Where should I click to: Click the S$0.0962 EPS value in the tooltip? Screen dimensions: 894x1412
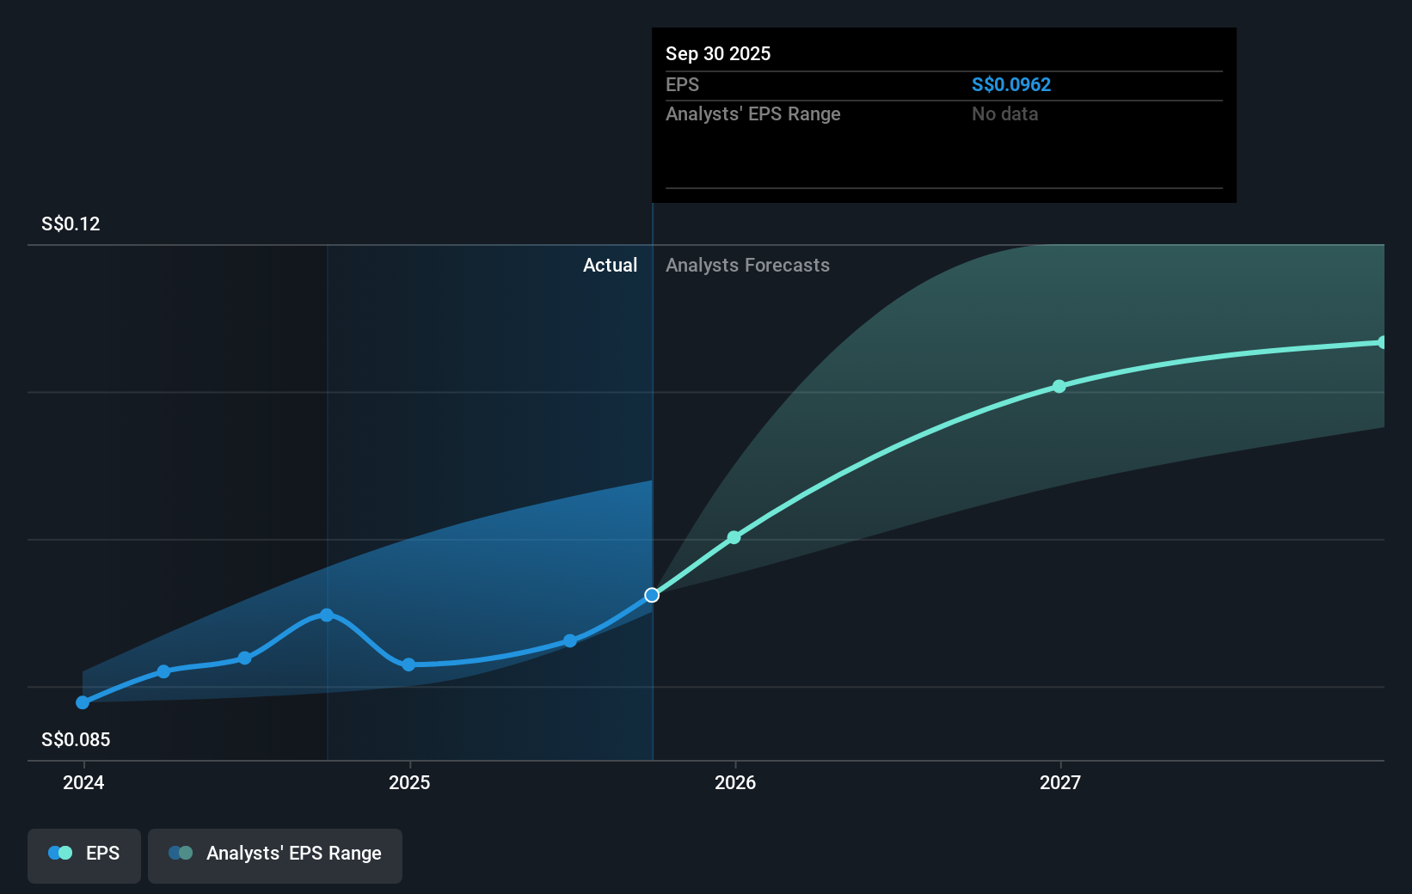(x=1010, y=84)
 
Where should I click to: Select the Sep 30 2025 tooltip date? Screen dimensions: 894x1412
(x=717, y=53)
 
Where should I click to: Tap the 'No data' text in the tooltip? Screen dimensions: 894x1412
(x=1004, y=113)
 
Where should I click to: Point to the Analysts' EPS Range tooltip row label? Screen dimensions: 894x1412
(x=752, y=113)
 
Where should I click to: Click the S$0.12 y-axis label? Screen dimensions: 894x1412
(x=71, y=223)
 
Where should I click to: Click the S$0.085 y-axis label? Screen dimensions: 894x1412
(x=76, y=739)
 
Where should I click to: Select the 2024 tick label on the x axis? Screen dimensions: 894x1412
(x=83, y=782)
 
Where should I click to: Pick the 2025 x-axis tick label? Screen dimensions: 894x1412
(x=409, y=782)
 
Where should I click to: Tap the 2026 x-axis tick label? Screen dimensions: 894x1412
(x=735, y=782)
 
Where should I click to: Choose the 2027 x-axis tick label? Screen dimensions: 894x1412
(x=1060, y=782)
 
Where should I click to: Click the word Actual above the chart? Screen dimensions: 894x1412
(x=610, y=265)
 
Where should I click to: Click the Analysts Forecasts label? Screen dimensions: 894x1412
(x=747, y=265)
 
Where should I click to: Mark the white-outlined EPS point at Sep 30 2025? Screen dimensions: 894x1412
(x=652, y=595)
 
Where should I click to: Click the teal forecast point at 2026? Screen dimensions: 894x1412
(x=734, y=537)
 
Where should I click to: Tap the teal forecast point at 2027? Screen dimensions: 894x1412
(x=1059, y=386)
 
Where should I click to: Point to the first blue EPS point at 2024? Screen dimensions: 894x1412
(x=83, y=702)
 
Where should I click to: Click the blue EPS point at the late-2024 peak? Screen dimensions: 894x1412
(x=327, y=615)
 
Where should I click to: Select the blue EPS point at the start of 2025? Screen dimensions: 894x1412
(x=408, y=664)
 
